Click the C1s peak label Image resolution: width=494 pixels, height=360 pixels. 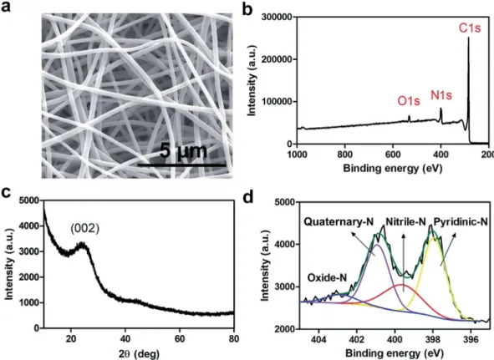click(x=470, y=28)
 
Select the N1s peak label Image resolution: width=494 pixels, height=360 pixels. click(x=441, y=95)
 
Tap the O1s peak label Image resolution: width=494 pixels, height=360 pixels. click(x=409, y=101)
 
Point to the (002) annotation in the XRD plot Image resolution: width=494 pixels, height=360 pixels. click(x=84, y=228)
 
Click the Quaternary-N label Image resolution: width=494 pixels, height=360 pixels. click(x=339, y=221)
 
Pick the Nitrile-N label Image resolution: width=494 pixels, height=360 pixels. click(x=405, y=221)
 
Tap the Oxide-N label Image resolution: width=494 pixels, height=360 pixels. click(x=327, y=277)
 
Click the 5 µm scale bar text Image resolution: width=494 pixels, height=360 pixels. click(x=183, y=151)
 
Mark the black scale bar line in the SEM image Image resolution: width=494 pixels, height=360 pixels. click(x=181, y=165)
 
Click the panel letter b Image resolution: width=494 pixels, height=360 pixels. click(x=248, y=9)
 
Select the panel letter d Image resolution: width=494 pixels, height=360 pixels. click(x=248, y=197)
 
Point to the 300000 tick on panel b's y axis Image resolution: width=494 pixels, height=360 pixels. click(x=277, y=17)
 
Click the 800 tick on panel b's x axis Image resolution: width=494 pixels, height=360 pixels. click(x=345, y=154)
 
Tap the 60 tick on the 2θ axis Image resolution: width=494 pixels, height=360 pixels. click(x=180, y=338)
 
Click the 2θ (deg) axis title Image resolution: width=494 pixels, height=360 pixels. click(x=140, y=353)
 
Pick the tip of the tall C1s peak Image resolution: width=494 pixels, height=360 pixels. click(x=468, y=38)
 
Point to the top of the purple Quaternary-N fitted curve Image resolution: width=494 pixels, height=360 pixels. click(x=378, y=245)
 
